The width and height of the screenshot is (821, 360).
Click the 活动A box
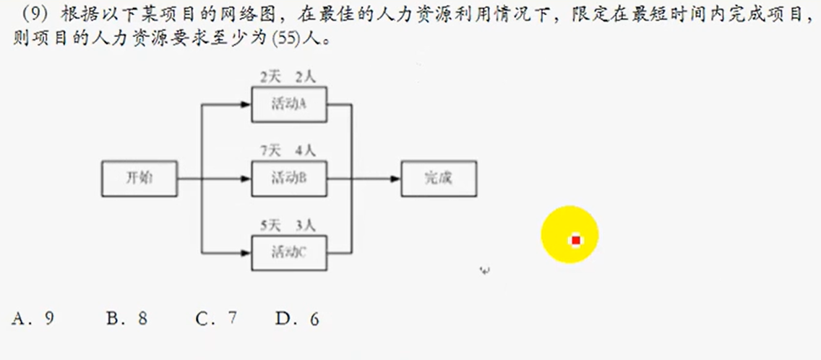pyautogui.click(x=288, y=104)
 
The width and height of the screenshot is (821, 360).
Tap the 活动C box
pyautogui.click(x=288, y=252)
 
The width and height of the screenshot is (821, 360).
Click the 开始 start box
pyautogui.click(x=139, y=179)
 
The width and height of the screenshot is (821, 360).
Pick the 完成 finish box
pyautogui.click(x=439, y=179)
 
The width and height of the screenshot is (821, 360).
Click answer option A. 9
pyautogui.click(x=33, y=317)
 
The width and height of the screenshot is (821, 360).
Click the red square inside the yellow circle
pyautogui.click(x=575, y=240)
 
